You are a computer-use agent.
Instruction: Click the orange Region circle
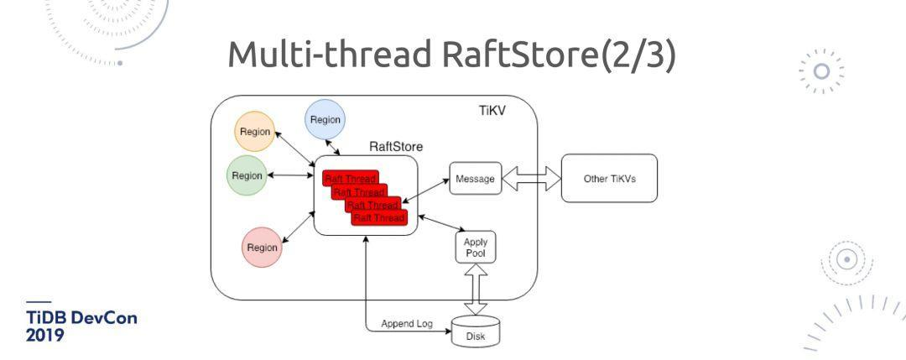255,132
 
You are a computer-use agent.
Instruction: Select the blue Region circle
325,120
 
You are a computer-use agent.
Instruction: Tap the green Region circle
247,175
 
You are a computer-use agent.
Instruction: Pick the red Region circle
263,248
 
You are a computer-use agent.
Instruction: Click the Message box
475,179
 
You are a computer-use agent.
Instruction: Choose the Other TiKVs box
609,179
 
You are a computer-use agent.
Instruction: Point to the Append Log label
407,323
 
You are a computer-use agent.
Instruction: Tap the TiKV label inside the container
492,111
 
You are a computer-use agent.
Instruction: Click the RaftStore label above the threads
396,146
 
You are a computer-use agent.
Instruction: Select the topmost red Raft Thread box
349,178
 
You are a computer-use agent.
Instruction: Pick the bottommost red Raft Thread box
379,217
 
